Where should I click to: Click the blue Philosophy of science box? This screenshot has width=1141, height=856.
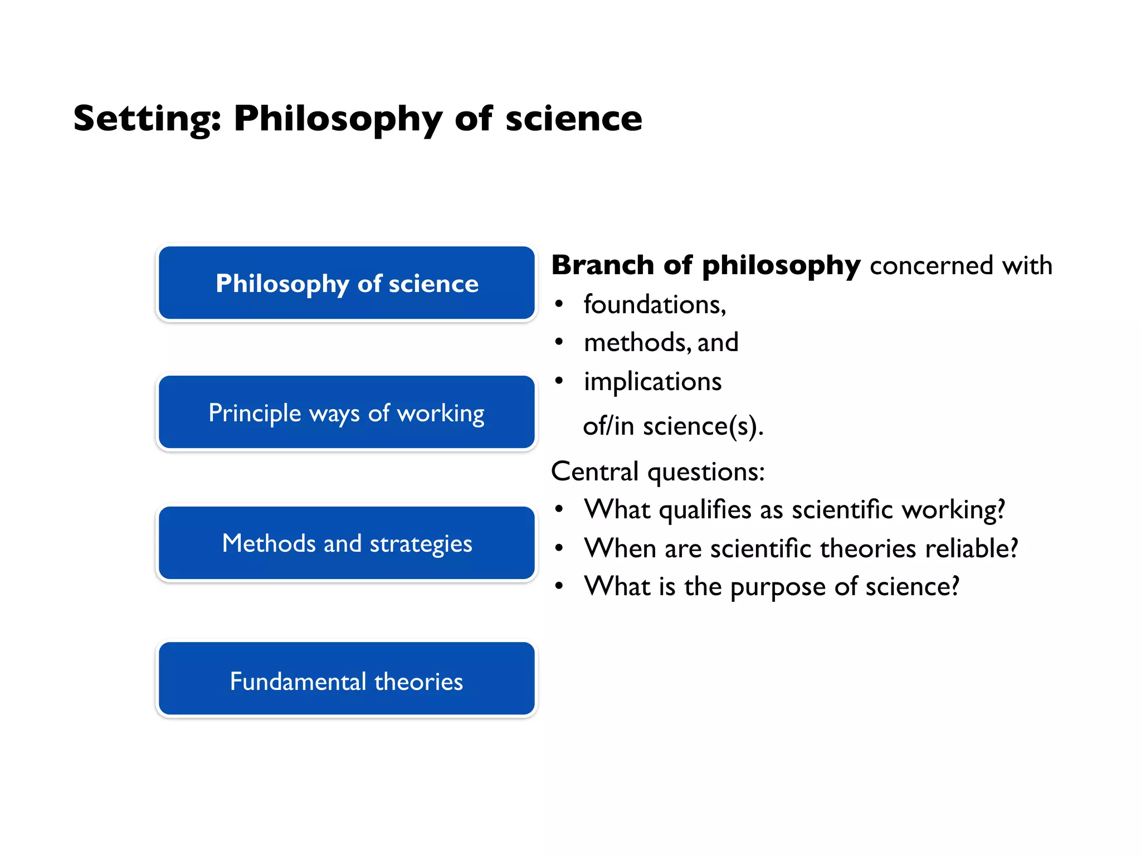pyautogui.click(x=347, y=283)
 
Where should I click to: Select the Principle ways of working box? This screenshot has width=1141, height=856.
pyautogui.click(x=347, y=413)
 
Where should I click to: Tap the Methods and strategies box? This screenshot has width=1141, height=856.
pyautogui.click(x=347, y=543)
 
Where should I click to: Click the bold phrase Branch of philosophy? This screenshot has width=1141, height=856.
pyautogui.click(x=705, y=265)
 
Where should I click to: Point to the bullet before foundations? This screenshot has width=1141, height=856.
pyautogui.click(x=559, y=304)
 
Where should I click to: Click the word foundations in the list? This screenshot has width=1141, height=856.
pyautogui.click(x=654, y=305)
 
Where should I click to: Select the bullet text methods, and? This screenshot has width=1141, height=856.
pyautogui.click(x=661, y=342)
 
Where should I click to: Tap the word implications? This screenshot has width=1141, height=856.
pyautogui.click(x=652, y=382)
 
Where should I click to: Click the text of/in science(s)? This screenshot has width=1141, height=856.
pyautogui.click(x=672, y=426)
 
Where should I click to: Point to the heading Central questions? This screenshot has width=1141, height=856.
pyautogui.click(x=657, y=471)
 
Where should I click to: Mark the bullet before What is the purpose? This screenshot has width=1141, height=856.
pyautogui.click(x=559, y=586)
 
